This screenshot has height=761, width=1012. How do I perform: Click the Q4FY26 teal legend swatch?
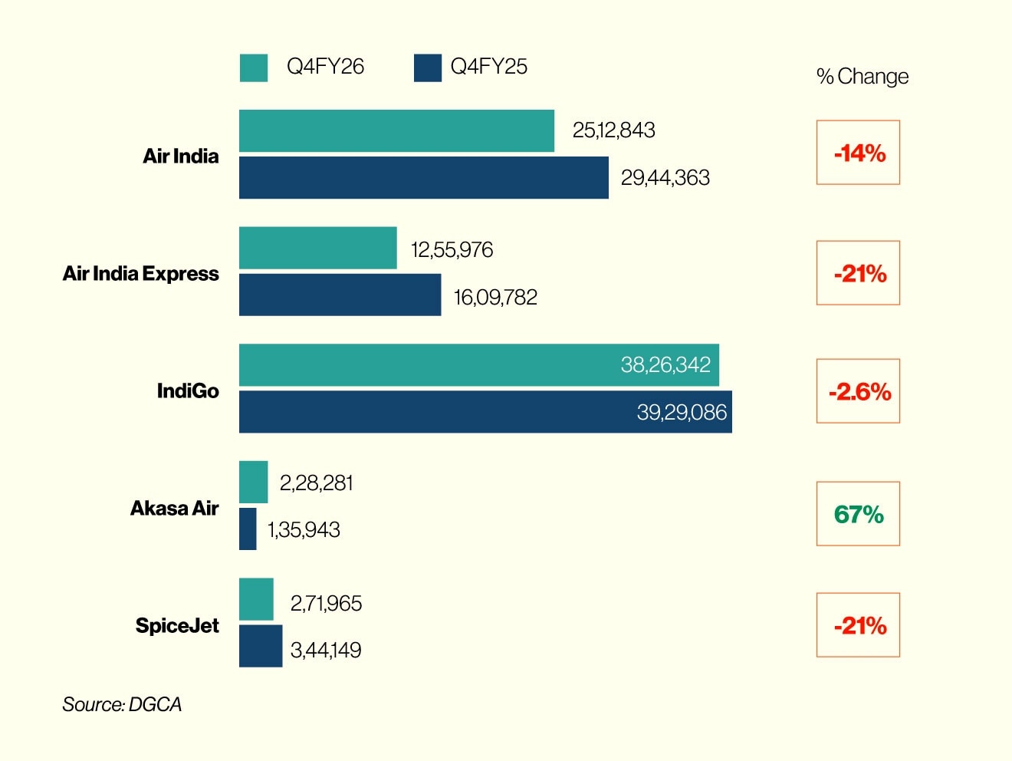click(x=253, y=68)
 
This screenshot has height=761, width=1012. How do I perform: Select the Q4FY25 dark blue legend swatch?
click(x=427, y=68)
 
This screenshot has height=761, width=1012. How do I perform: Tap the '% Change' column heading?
click(x=862, y=77)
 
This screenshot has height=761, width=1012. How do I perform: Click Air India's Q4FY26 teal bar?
click(x=396, y=130)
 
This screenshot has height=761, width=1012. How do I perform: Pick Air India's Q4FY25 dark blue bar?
click(x=423, y=178)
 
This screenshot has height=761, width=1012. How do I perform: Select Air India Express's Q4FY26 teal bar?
click(x=317, y=248)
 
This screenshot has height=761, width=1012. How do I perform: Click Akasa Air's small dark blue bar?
click(x=248, y=529)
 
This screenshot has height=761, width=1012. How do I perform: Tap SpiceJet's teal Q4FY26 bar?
click(x=256, y=599)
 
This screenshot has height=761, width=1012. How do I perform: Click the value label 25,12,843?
click(x=613, y=130)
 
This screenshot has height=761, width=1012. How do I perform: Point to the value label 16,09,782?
click(x=495, y=298)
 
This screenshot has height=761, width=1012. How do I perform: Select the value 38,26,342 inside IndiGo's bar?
click(x=665, y=364)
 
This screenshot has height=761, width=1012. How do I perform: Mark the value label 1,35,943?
click(x=304, y=530)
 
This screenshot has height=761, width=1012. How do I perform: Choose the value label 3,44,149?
click(x=326, y=651)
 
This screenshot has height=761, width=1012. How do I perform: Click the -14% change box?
click(x=858, y=153)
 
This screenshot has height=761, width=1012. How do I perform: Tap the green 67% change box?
click(x=858, y=514)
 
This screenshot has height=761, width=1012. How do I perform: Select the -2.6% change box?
click(x=858, y=391)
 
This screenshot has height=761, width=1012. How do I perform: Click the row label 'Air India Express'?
click(x=141, y=274)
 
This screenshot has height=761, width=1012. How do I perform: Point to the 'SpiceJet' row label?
click(x=177, y=626)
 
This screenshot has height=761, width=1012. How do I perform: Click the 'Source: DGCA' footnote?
click(x=122, y=704)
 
